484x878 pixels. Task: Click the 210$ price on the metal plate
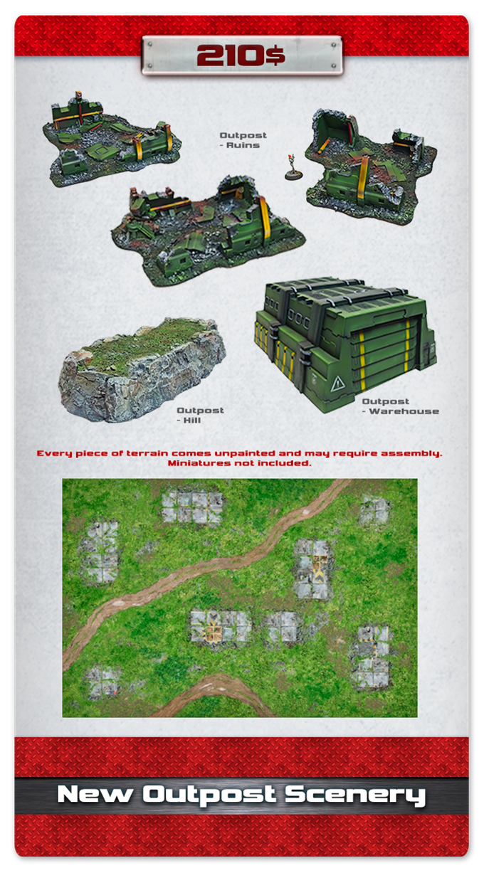click(x=241, y=55)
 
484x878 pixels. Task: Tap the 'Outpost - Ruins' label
click(x=243, y=140)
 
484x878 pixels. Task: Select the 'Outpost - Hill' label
click(x=200, y=415)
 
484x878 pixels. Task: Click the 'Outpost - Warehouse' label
click(x=401, y=406)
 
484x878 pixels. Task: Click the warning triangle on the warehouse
click(x=337, y=384)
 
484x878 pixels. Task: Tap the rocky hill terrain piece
click(x=142, y=370)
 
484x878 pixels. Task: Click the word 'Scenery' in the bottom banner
click(x=355, y=795)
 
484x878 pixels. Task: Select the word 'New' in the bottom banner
click(x=95, y=794)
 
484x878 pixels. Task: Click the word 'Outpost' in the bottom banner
click(x=209, y=795)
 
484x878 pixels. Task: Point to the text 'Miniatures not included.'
click(x=240, y=463)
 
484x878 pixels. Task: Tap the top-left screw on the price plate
click(x=149, y=44)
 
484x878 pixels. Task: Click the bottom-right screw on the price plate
click(x=334, y=65)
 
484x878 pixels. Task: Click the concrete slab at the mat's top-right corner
click(x=374, y=511)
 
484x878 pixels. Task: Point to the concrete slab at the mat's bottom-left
click(x=102, y=682)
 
